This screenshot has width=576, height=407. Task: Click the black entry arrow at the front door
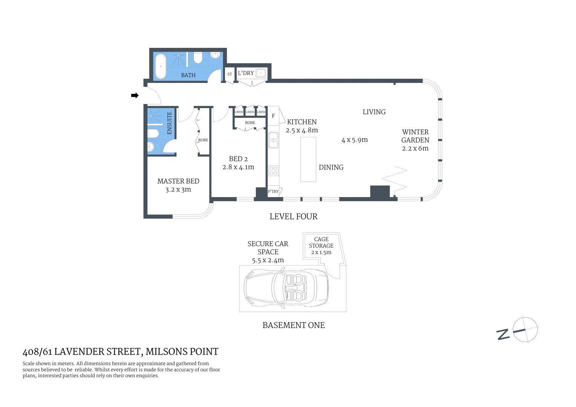click(x=135, y=96)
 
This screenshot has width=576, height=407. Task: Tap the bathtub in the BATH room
click(x=161, y=66)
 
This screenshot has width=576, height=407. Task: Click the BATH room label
click(x=188, y=75)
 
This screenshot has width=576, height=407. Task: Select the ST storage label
click(x=230, y=74)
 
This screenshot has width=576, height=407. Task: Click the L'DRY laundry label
click(x=246, y=73)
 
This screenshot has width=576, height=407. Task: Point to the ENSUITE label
click(x=169, y=123)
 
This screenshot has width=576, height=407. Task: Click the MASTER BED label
click(x=178, y=181)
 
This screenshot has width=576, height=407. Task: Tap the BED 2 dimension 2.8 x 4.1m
click(x=238, y=167)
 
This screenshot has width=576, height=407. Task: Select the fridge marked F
click(x=273, y=116)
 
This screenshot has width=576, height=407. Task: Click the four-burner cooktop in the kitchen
click(x=273, y=171)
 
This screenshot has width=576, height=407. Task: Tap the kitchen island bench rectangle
click(x=308, y=159)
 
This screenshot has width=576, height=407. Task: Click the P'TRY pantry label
click(x=273, y=191)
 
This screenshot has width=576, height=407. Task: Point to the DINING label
click(x=331, y=167)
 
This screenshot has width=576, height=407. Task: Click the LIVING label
click(x=374, y=112)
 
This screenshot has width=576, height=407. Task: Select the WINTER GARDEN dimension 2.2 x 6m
click(x=415, y=148)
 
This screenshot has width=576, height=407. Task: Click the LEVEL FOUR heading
click(x=293, y=217)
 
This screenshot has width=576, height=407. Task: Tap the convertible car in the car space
click(x=286, y=289)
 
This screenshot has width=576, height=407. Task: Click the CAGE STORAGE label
click(x=321, y=242)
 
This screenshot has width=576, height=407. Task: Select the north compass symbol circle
click(x=525, y=330)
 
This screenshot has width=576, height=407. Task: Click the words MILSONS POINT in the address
click(x=182, y=352)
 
